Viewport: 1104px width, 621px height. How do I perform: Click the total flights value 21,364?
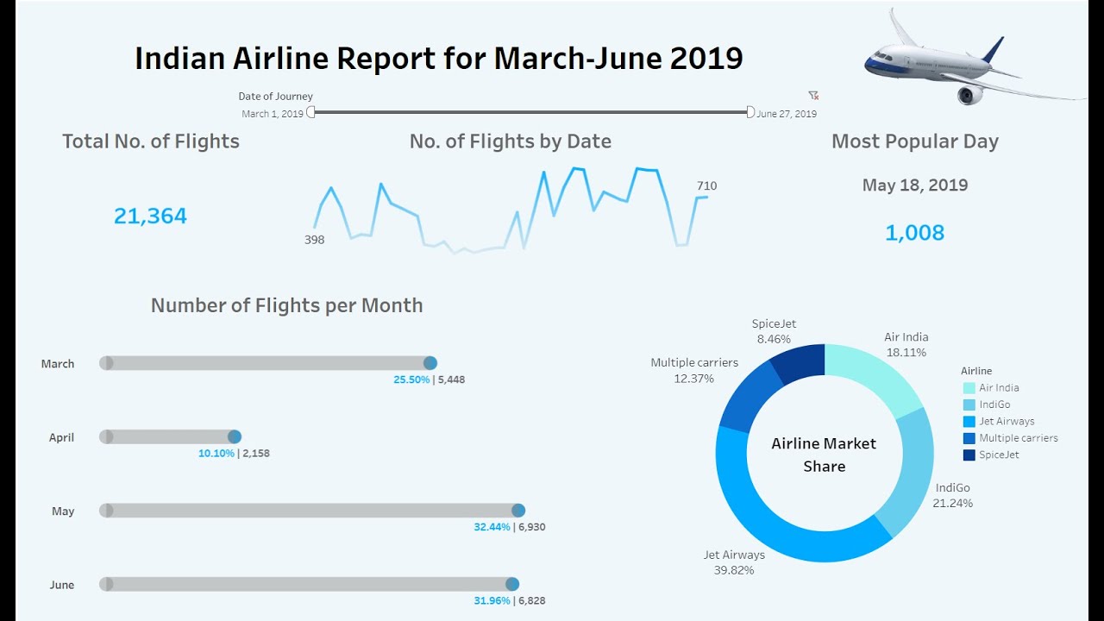point(150,216)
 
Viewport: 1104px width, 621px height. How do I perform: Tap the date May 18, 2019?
point(914,185)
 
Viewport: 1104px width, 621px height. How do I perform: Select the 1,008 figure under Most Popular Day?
point(914,233)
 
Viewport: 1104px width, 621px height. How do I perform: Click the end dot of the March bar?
point(430,363)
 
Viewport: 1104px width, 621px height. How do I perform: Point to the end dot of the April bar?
point(235,437)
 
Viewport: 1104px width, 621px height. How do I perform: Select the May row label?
point(63,511)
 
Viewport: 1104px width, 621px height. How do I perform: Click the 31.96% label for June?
point(492,600)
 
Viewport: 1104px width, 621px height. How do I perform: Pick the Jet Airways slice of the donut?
point(776,517)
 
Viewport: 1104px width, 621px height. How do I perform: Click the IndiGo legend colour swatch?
point(969,405)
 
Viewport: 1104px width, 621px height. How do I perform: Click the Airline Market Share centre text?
point(824,455)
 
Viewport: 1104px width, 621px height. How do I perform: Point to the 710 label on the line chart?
point(706,185)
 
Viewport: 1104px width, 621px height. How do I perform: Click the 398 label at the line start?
point(314,240)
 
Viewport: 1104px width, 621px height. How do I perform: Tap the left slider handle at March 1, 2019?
point(311,112)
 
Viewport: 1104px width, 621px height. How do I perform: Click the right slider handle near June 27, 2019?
point(750,112)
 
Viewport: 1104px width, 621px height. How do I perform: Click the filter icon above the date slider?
point(812,96)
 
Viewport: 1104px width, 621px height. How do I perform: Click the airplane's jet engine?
point(970,94)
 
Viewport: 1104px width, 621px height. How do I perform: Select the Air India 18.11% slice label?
point(906,345)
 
